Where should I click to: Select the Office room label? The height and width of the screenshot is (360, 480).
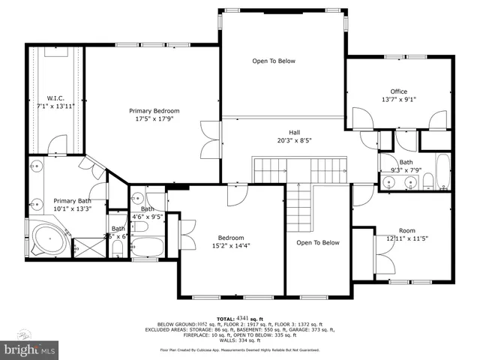point(398,91)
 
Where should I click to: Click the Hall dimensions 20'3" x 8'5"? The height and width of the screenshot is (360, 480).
point(294,139)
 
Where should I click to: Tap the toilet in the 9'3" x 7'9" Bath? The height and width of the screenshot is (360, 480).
point(430,181)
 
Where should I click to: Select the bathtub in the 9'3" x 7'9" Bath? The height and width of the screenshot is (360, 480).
point(443,173)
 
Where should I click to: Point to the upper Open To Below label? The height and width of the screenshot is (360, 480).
point(273,61)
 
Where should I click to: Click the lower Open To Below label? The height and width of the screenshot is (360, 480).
point(316,242)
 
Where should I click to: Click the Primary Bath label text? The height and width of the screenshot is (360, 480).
point(72,200)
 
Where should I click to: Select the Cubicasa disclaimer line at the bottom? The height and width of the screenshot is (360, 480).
point(239,349)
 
